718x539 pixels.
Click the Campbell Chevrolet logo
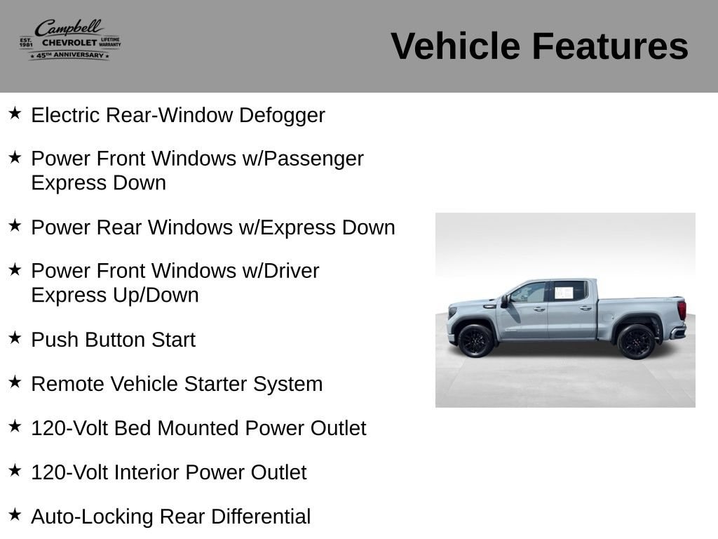[x=70, y=39]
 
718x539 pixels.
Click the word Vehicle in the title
[x=455, y=46]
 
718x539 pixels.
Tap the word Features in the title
[x=610, y=46]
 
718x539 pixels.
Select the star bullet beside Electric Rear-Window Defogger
[x=15, y=113]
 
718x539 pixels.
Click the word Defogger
[x=282, y=116]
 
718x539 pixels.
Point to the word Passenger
[x=313, y=159]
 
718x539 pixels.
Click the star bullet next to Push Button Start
[x=15, y=338]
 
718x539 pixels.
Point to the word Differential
[x=261, y=517]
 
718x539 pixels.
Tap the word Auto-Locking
[x=92, y=517]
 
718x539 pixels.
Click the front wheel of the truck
[x=476, y=340]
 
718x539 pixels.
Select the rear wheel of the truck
[x=636, y=342]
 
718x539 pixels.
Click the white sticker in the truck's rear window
[x=564, y=293]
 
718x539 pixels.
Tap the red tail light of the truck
[x=682, y=310]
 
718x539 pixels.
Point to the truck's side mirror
[x=505, y=301]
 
